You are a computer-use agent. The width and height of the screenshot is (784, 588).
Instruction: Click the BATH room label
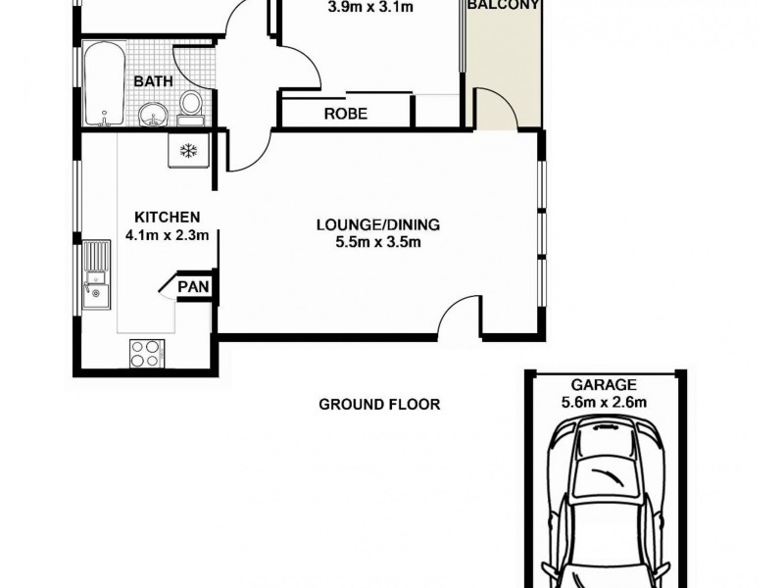(153, 82)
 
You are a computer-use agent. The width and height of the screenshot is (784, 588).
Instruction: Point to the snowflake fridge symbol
(189, 151)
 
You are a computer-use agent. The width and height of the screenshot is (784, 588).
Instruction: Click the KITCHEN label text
(168, 217)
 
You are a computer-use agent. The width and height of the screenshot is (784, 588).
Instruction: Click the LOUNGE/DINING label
(378, 224)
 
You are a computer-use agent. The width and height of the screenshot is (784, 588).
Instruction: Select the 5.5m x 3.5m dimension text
(378, 242)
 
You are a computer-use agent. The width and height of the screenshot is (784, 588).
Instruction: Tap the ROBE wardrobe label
(345, 114)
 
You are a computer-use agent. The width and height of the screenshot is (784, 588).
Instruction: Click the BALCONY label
(504, 6)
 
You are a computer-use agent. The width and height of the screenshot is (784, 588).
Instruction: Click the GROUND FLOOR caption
(378, 404)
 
